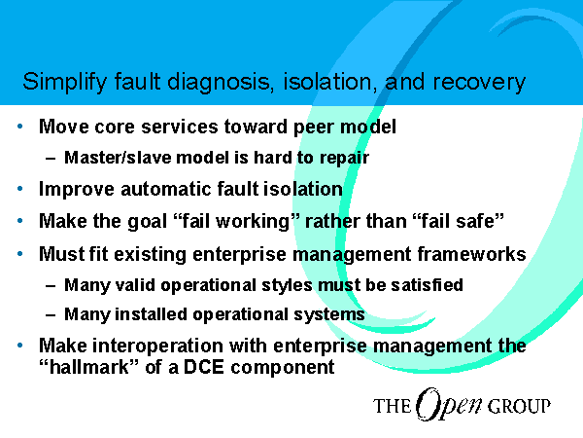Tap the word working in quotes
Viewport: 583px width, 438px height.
[x=253, y=222]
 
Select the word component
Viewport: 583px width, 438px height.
[x=283, y=368]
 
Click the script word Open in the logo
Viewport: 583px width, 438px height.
[x=449, y=405]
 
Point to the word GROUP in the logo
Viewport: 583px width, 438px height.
[x=519, y=406]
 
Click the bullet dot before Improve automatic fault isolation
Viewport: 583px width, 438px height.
[x=20, y=189]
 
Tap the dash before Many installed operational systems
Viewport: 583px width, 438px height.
[x=51, y=315]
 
